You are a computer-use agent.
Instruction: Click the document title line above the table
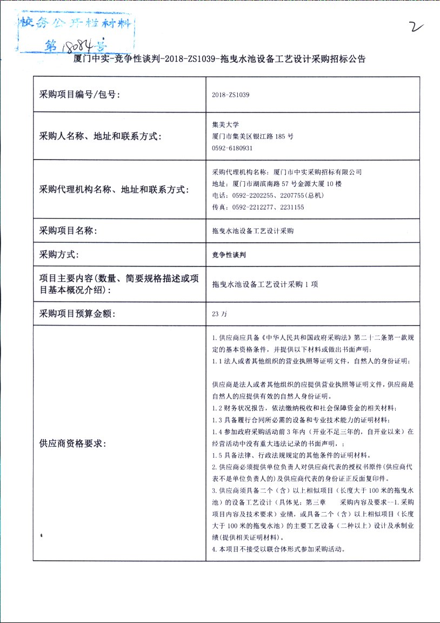pos(219,59)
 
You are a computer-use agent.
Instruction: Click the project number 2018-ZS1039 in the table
pos(231,95)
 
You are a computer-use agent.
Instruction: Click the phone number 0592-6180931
pos(232,148)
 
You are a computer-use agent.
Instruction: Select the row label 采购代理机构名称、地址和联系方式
pos(114,190)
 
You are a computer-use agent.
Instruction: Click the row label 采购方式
pos(59,255)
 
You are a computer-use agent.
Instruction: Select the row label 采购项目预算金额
pos(78,314)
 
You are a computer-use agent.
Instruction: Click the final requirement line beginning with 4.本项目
pos(278,549)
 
